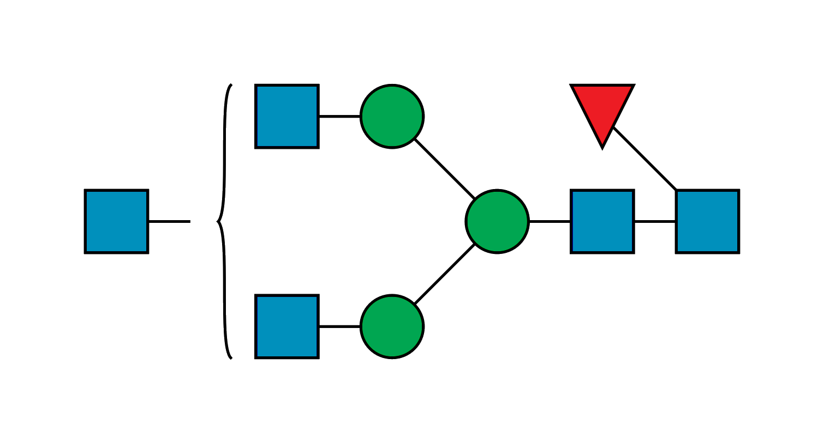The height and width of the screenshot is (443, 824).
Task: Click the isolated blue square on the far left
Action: click(x=116, y=221)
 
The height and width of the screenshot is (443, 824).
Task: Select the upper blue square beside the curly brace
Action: click(x=287, y=116)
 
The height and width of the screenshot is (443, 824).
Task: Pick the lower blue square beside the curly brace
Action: click(x=287, y=326)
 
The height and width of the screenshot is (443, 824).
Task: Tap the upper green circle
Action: click(x=392, y=116)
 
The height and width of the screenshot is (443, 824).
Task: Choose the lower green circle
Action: click(x=392, y=326)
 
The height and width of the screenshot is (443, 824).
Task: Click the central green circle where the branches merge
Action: click(x=497, y=221)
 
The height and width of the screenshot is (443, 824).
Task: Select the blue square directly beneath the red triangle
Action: click(x=602, y=221)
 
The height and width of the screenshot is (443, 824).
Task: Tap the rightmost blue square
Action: click(x=707, y=221)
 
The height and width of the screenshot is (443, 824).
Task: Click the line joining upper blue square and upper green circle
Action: click(x=339, y=117)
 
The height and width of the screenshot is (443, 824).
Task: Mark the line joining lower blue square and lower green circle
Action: click(x=339, y=325)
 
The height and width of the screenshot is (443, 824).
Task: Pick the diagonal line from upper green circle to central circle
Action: click(x=444, y=169)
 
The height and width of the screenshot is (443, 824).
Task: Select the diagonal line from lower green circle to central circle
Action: click(x=444, y=274)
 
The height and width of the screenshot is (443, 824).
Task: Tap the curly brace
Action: click(x=224, y=163)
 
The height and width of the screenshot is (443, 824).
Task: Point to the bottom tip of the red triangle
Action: click(x=602, y=146)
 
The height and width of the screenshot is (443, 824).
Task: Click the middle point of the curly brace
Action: click(x=219, y=221)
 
